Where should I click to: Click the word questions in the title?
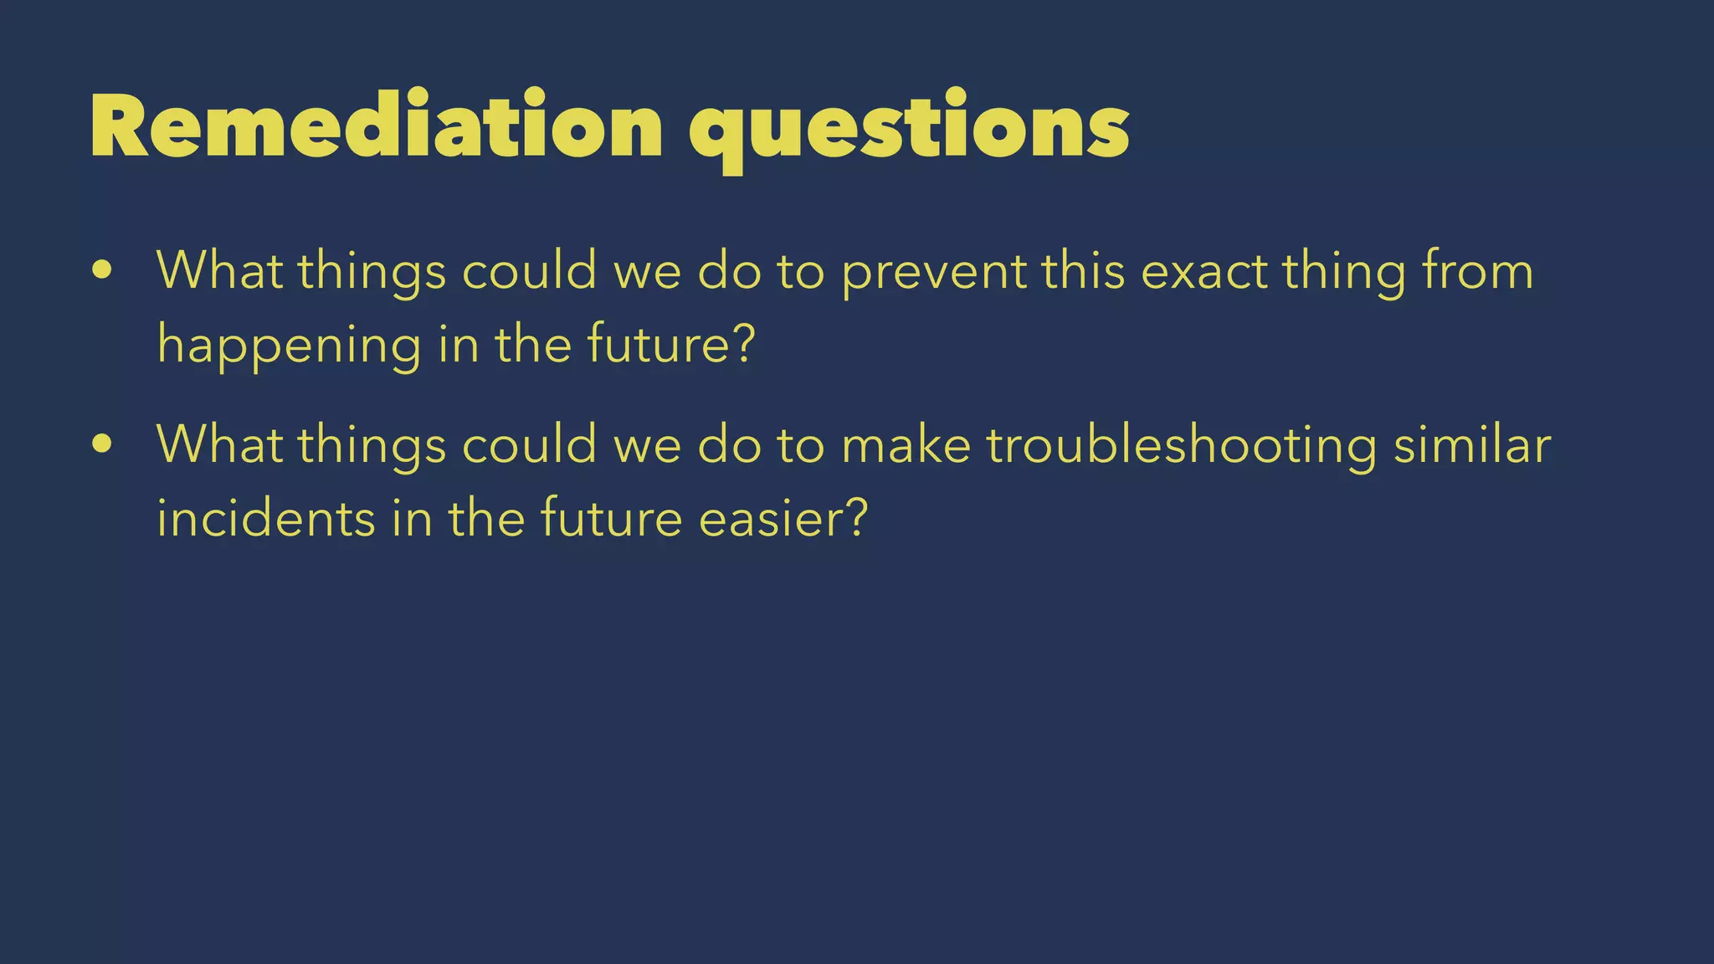tap(909, 130)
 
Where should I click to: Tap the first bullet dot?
tap(102, 270)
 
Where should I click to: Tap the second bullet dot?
tap(102, 444)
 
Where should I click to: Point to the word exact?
tap(1204, 271)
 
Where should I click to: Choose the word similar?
tap(1472, 444)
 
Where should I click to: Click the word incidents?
tap(265, 518)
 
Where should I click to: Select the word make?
tap(906, 444)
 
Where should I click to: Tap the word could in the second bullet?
tap(529, 444)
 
